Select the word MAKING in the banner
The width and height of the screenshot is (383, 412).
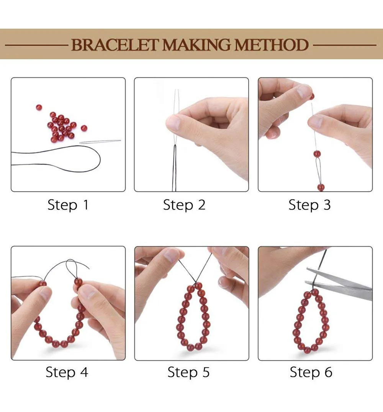point(196,45)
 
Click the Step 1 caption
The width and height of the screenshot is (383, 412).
point(68,205)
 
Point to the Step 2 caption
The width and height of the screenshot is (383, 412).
point(184,205)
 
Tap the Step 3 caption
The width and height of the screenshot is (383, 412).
point(309,205)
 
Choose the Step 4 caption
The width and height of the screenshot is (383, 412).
point(67,372)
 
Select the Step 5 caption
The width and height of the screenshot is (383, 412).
point(188,372)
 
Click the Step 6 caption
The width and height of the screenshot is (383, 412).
point(311,372)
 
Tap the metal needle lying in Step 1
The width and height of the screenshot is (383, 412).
point(100,142)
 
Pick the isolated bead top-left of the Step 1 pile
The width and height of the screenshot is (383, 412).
point(39,107)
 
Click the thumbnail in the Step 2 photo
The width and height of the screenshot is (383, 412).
point(173,122)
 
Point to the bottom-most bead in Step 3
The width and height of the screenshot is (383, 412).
point(321,188)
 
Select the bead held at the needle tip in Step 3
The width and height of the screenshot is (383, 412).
point(312,96)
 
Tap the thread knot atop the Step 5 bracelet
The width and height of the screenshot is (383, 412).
point(196,283)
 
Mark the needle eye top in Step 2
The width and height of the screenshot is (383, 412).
point(177,90)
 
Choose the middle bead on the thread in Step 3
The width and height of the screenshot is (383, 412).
point(317,154)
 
